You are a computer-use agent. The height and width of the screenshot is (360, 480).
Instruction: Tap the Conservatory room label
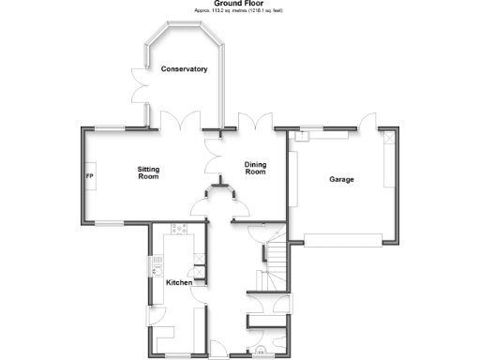pos(184,69)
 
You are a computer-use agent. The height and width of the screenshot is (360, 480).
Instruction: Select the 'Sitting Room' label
pos(148,172)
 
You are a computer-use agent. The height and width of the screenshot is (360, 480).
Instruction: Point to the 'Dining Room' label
pos(256,168)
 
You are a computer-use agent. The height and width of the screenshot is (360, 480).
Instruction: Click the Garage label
pos(341,179)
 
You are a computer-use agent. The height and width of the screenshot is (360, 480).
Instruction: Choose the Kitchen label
pos(179,282)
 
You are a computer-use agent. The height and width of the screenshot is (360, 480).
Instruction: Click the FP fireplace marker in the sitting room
pos(91,177)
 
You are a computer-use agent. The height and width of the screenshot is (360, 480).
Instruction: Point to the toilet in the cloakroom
pos(258,353)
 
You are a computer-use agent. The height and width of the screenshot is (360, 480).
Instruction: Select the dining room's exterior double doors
pos(256,122)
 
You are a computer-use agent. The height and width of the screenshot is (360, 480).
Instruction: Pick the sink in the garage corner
pos(302,136)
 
